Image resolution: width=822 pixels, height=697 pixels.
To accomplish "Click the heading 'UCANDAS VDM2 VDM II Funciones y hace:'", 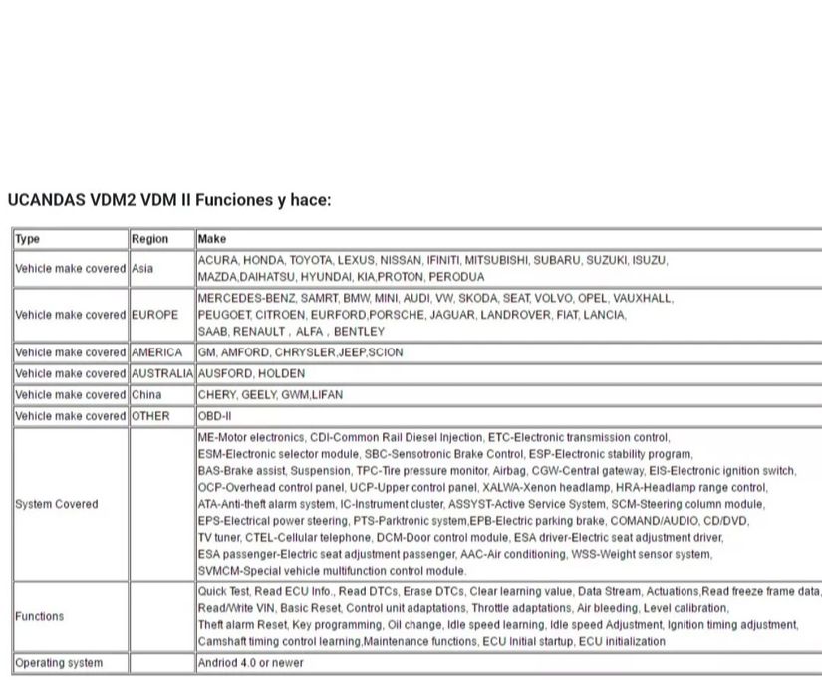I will coord(168,200).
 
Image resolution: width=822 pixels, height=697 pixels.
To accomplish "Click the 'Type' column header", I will coord(28,239).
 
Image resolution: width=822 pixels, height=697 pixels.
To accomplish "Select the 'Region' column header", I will coord(149,239).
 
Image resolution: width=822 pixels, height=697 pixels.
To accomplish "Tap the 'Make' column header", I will coord(212,239).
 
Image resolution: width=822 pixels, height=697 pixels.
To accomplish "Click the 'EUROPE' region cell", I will coord(155,315).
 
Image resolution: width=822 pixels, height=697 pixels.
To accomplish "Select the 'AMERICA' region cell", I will coord(157,352).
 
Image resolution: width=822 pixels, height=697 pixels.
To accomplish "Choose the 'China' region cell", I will coord(146,394).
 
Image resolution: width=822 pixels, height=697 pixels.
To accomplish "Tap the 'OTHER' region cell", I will coord(150,416).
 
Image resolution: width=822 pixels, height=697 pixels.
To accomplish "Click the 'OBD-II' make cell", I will coord(214,416).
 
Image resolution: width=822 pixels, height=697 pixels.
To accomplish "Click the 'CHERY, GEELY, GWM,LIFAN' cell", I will coord(270,394).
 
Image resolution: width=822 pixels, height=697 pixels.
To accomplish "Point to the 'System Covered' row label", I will coord(57,504).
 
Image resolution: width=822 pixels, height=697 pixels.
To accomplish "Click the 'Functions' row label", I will coord(40,616).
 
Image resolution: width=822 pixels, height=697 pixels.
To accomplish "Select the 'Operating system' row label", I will coord(59,662).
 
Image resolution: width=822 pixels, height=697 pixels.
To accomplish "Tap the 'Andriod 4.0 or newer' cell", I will coord(251,662).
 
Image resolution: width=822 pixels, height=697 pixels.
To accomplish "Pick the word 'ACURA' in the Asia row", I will coord(217,260).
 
